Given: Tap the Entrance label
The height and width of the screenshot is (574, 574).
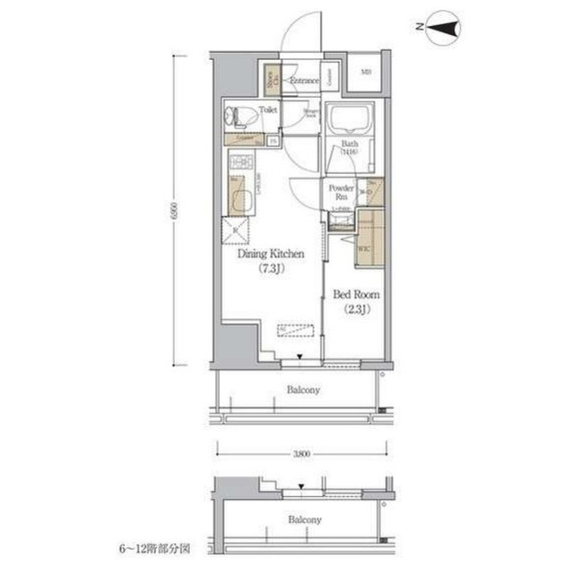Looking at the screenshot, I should tap(304, 81).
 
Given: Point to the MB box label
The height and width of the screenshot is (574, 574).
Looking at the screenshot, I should tap(367, 72).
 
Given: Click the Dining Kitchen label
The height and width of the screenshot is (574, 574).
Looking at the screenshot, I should tap(270, 254).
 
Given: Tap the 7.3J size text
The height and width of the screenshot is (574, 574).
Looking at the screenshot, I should tap(270, 268).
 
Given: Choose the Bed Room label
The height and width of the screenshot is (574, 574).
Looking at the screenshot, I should tap(357, 294).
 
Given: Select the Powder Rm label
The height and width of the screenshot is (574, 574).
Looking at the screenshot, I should tap(342, 193).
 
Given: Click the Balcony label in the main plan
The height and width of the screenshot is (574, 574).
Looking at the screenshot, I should tap(304, 390).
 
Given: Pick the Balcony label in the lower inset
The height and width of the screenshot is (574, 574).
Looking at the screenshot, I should tap(304, 519).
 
